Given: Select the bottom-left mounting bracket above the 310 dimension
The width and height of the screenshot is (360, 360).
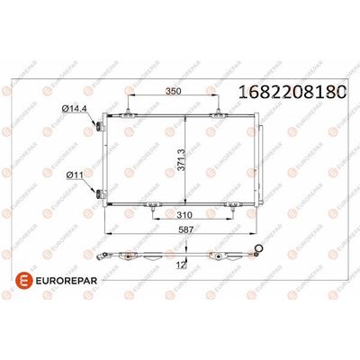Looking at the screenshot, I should (148, 204).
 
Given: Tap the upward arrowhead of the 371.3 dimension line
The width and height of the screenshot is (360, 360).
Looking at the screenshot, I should (185, 118).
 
